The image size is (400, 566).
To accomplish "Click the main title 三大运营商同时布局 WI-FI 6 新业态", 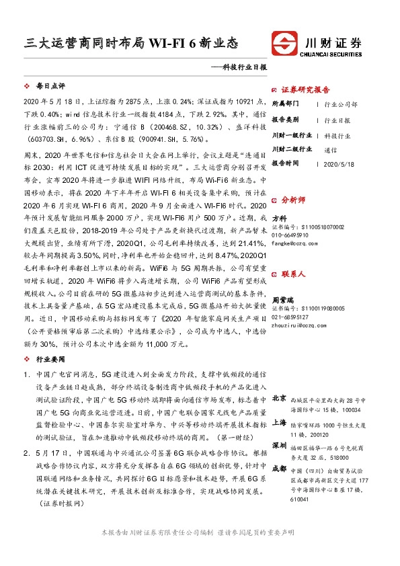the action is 131,42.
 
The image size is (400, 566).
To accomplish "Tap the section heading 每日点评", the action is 50,87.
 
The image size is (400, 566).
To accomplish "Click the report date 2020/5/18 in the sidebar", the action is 337,163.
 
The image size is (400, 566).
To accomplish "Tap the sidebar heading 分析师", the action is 294,200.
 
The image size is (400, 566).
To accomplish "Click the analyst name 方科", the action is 279,218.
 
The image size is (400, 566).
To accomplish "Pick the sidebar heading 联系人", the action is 294,274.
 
